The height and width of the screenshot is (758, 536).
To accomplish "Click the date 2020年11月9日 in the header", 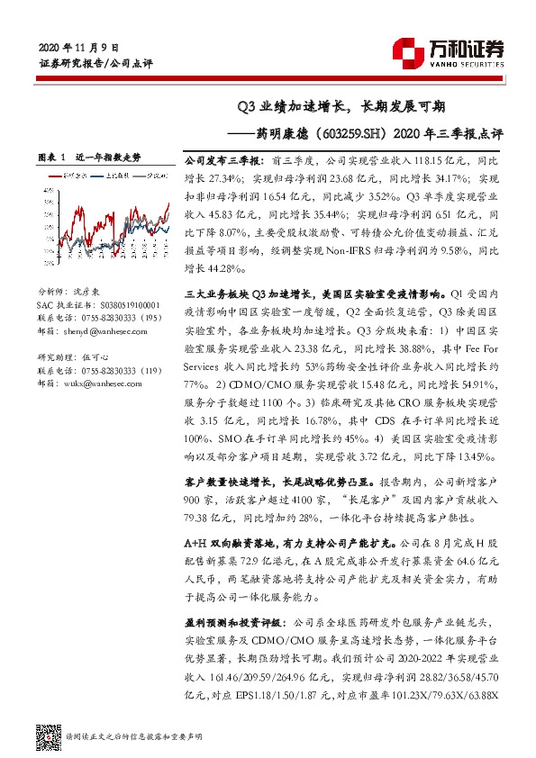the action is (x=79, y=47).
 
